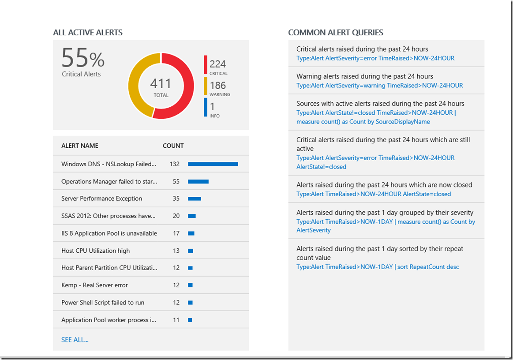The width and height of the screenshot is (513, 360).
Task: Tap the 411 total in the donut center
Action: (x=161, y=84)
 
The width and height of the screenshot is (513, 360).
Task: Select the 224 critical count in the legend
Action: (x=217, y=64)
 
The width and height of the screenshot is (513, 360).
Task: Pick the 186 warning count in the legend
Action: (x=217, y=85)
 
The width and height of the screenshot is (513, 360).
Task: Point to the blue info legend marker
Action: (x=206, y=107)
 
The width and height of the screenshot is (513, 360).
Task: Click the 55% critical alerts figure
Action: (x=83, y=59)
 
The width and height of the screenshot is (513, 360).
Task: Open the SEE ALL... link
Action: (x=75, y=340)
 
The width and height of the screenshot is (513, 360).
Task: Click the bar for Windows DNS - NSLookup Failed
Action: (x=213, y=164)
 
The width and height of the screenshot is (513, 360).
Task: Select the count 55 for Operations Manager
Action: (x=176, y=181)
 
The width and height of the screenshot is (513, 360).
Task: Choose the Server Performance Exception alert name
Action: (x=101, y=199)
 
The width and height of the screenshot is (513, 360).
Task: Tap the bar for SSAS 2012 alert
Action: (x=192, y=216)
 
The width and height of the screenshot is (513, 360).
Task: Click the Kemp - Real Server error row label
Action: (x=94, y=285)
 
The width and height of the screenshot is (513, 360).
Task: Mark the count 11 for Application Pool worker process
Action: (x=176, y=320)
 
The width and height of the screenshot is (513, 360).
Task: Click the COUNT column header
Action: (x=173, y=146)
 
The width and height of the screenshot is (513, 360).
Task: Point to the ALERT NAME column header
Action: (x=80, y=146)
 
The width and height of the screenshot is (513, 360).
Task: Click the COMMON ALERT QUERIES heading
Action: (x=336, y=33)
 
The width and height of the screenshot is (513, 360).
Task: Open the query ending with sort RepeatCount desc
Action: (x=378, y=267)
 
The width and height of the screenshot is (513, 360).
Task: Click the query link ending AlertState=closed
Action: (x=374, y=194)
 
